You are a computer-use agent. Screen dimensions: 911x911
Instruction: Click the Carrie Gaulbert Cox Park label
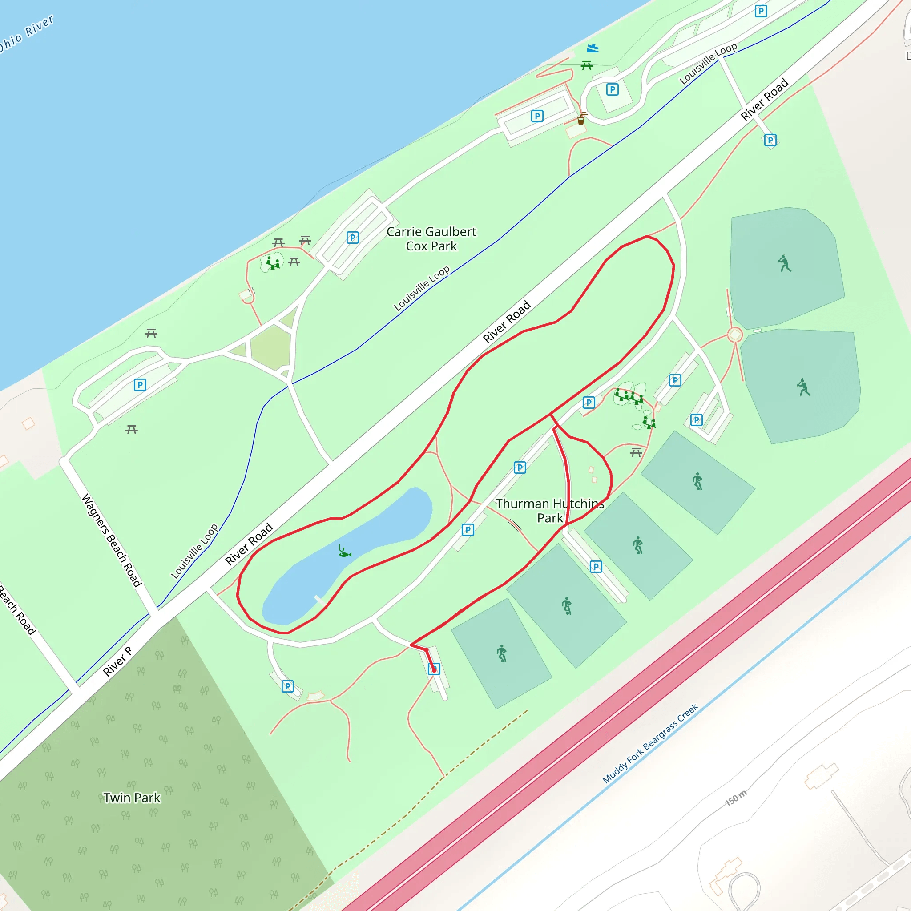[431, 238]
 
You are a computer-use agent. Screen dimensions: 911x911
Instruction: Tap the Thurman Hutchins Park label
[549, 511]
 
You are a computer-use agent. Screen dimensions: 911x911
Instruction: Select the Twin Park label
[132, 798]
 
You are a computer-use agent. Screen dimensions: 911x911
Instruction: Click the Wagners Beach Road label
[111, 540]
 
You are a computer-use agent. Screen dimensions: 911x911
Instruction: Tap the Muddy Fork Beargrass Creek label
[650, 744]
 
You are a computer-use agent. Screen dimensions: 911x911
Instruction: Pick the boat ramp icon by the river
[593, 48]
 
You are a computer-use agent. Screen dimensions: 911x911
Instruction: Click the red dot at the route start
[434, 669]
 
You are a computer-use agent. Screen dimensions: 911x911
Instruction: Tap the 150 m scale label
[736, 798]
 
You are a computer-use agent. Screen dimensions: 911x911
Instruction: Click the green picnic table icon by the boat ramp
[587, 65]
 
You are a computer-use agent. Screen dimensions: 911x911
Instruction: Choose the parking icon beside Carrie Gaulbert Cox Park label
[352, 237]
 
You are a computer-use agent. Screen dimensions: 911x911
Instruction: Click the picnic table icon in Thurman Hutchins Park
[636, 453]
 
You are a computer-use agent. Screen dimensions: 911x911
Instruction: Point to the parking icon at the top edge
[761, 11]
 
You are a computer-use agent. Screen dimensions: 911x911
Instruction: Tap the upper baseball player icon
[784, 263]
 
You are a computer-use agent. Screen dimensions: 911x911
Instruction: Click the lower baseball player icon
[803, 387]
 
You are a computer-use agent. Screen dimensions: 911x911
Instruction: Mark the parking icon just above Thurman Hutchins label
[520, 468]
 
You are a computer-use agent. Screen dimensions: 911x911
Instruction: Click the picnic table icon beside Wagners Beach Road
[132, 430]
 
